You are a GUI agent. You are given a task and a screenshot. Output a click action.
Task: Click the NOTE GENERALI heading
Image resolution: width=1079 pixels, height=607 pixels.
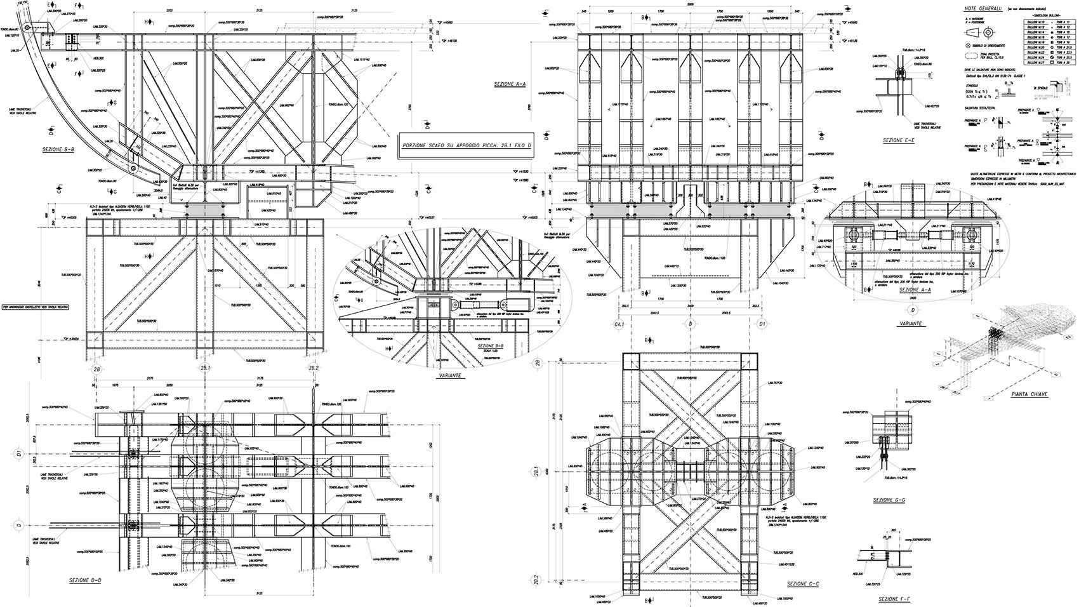(983, 10)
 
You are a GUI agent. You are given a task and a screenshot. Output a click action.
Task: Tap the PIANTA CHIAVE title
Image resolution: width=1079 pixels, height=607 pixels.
(1029, 394)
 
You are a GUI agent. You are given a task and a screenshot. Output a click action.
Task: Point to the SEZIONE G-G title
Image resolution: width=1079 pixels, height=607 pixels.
(889, 500)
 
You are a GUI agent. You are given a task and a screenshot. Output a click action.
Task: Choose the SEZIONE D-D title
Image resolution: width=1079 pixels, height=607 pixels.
(87, 581)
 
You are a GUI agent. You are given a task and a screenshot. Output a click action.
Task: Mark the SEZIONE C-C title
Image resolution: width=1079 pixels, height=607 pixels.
(803, 584)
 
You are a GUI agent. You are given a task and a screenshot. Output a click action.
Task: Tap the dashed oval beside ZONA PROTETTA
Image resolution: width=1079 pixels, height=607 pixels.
(963, 57)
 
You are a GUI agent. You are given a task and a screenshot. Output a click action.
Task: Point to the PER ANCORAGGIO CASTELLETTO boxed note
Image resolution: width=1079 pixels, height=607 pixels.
(34, 306)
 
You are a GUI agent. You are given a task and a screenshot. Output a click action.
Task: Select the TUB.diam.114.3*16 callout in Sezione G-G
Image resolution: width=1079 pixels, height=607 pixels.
(875, 478)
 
